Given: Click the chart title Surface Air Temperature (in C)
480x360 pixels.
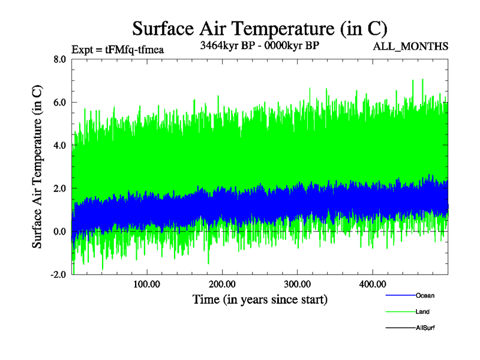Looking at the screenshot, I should [x=260, y=29].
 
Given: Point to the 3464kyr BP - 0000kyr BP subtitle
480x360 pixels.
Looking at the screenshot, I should [x=259, y=45].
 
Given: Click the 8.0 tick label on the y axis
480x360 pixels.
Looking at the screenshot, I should [x=59, y=59].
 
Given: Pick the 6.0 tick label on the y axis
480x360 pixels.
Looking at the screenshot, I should [x=59, y=103].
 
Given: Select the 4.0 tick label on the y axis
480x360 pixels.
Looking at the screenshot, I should [x=59, y=146].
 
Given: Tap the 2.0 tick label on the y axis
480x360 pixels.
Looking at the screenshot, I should [x=59, y=188].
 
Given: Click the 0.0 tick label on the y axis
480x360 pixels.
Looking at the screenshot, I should [x=59, y=232].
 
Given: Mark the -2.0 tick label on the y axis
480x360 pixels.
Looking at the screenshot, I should [x=58, y=275].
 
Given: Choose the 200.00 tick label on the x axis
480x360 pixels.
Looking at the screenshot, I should [x=222, y=283].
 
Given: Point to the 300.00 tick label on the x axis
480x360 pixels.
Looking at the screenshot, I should [x=297, y=283].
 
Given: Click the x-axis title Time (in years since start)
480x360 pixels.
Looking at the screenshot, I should [x=260, y=299].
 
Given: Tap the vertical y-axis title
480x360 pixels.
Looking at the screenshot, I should [x=38, y=167].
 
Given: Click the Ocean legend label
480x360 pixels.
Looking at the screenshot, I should [x=425, y=296].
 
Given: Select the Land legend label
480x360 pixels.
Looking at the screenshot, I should [x=422, y=312].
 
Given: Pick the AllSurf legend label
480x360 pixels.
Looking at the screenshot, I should [x=425, y=328].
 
